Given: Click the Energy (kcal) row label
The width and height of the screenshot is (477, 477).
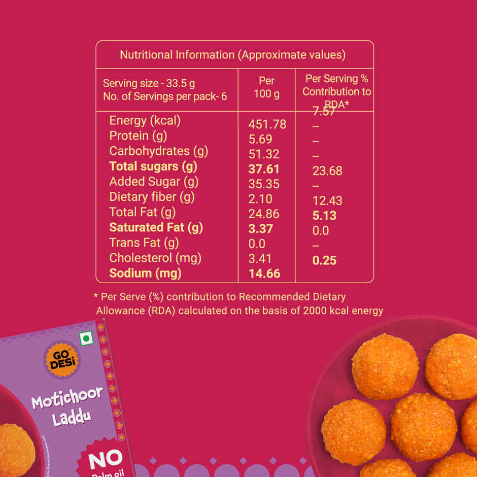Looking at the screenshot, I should click(x=145, y=121).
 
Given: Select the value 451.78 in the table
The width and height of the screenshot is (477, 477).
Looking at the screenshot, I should click(x=267, y=124).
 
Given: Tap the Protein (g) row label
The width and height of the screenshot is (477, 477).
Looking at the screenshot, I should click(x=138, y=136).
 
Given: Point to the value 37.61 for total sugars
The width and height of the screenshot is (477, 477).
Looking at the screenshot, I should click(x=264, y=169).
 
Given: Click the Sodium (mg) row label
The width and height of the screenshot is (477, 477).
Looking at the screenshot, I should click(x=145, y=273).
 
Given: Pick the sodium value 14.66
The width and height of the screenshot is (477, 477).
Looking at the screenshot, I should click(x=264, y=274).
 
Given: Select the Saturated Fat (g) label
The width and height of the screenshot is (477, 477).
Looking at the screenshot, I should click(x=156, y=227).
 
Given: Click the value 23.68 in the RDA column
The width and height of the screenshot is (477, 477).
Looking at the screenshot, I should click(x=327, y=171).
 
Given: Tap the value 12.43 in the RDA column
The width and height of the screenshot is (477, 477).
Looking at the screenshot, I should click(x=327, y=201).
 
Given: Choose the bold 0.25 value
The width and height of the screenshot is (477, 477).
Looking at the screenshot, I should click(x=325, y=260).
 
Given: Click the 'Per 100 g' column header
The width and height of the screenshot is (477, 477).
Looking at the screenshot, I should click(x=266, y=87).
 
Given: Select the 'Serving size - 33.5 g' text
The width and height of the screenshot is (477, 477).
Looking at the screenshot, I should click(x=149, y=84).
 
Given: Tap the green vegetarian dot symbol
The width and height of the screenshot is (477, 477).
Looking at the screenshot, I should click(x=87, y=338).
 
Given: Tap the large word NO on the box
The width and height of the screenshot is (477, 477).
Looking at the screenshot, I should click(x=105, y=459).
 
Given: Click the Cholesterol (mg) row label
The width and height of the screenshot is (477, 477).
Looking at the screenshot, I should click(x=155, y=258).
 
